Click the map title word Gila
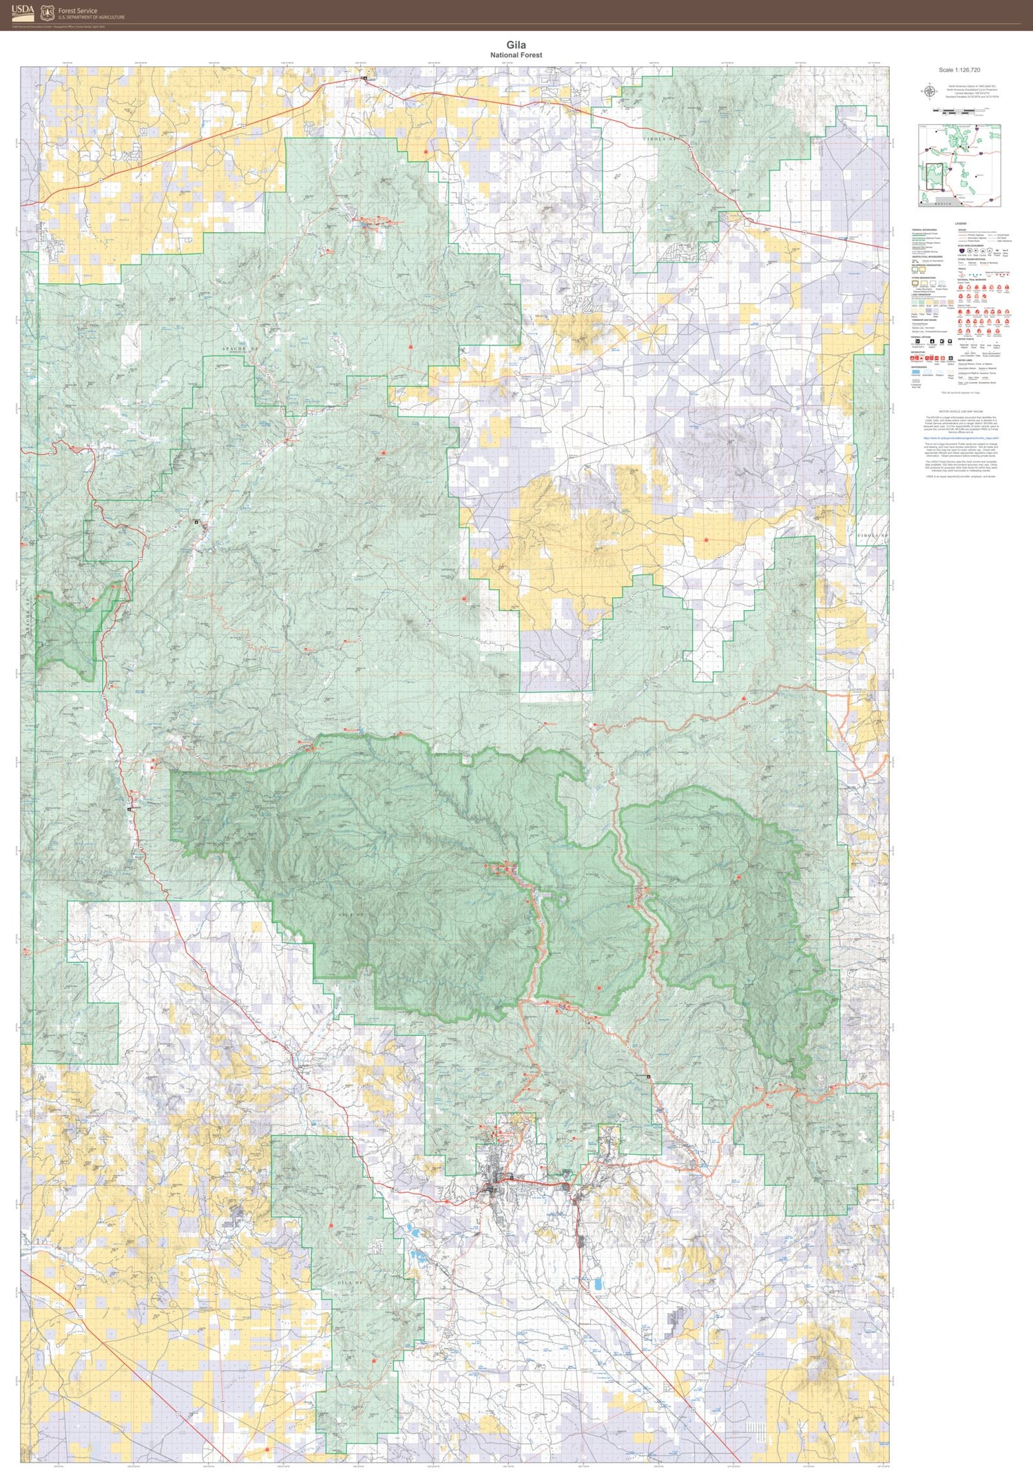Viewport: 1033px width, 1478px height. pos(516,45)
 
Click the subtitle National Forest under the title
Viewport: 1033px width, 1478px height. pos(516,55)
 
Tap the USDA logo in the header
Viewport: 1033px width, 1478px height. pos(23,12)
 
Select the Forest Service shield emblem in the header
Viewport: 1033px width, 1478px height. pos(48,12)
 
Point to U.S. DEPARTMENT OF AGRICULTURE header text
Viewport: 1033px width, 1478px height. pos(92,17)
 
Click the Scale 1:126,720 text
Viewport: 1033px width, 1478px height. pos(959,70)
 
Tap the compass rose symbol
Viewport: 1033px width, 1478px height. pos(929,91)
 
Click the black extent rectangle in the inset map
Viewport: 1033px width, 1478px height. pos(935,176)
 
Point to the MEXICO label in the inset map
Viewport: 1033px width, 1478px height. pos(943,203)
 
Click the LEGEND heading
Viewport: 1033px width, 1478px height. pos(961,224)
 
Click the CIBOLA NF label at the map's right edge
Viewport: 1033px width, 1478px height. pos(873,535)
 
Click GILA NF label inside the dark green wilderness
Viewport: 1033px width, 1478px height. pos(351,915)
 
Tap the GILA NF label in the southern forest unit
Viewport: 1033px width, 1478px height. pos(351,1282)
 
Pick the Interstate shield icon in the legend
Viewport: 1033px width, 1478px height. pos(961,251)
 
